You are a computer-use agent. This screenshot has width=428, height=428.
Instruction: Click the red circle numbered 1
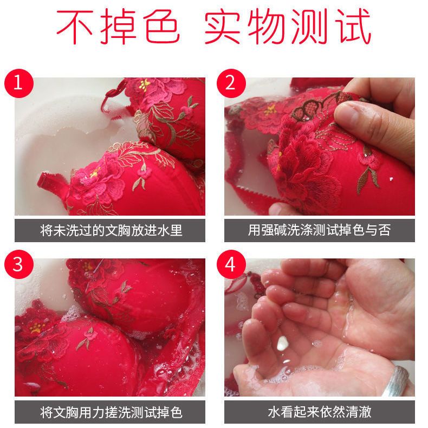(x=19, y=83)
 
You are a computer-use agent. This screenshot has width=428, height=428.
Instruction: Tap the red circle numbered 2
(x=231, y=83)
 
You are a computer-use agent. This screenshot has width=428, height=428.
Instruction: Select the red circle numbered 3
(x=19, y=264)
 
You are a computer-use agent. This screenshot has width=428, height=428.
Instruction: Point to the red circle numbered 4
(x=231, y=264)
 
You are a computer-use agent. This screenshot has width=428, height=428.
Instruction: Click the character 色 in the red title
(x=161, y=27)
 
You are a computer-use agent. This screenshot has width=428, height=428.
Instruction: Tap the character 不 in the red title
(x=75, y=26)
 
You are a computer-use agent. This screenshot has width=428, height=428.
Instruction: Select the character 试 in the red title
(x=354, y=26)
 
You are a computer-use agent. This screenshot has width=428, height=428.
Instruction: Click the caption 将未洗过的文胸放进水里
(x=111, y=230)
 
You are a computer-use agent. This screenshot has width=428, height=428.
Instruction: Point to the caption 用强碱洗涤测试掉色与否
(x=319, y=230)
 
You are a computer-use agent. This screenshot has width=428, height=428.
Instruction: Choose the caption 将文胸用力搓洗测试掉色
(x=111, y=412)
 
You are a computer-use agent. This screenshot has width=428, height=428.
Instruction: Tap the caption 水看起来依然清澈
(x=319, y=412)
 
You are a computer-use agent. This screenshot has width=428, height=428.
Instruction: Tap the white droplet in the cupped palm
(x=282, y=343)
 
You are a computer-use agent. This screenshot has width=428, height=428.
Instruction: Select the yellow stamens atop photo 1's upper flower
(x=145, y=84)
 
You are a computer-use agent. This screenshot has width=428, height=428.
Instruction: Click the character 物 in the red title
(x=266, y=27)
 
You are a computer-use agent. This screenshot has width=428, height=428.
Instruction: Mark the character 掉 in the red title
(x=118, y=27)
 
